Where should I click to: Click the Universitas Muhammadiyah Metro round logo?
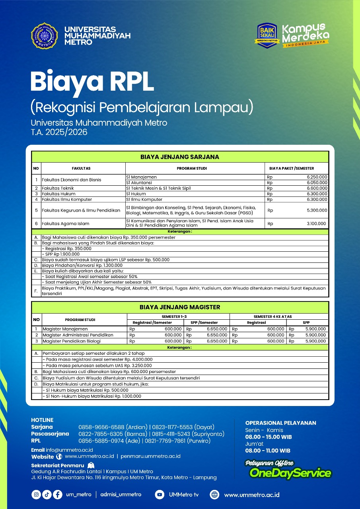(45, 36)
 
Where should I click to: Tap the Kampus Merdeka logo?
(306, 35)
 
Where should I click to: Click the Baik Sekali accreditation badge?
(268, 35)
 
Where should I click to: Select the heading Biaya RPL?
(92, 81)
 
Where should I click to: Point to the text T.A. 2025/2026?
(59, 132)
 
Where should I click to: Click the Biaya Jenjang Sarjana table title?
(180, 157)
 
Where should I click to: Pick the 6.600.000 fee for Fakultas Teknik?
(317, 188)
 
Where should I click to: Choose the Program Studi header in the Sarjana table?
(192, 168)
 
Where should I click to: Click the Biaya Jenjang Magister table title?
(180, 307)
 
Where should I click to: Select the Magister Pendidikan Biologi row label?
(72, 341)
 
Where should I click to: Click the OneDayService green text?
(290, 473)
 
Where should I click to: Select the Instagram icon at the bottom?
(37, 494)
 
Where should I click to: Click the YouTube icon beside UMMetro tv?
(160, 494)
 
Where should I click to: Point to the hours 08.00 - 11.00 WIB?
(268, 451)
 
